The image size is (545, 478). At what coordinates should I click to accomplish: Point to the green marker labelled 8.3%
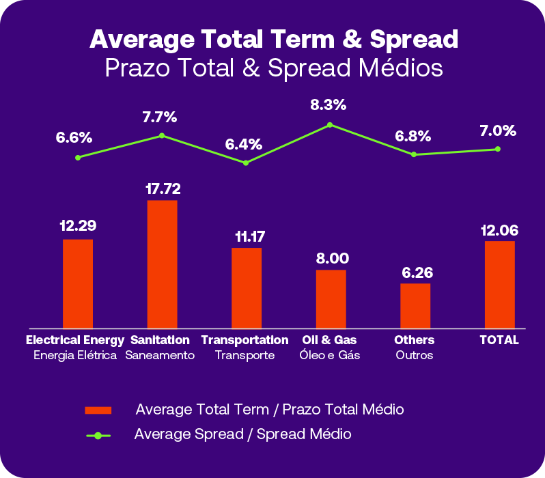(330, 125)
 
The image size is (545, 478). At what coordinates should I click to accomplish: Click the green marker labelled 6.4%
(246, 163)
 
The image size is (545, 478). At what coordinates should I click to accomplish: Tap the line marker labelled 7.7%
(162, 135)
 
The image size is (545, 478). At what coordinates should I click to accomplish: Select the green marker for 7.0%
(498, 149)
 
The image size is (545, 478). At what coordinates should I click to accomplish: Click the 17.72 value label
(163, 188)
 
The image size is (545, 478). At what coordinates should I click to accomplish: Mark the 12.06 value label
(499, 231)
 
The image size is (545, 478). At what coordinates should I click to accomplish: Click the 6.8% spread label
(413, 136)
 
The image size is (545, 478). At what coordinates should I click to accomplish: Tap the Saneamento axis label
(160, 356)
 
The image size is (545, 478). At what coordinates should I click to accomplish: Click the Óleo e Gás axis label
(331, 356)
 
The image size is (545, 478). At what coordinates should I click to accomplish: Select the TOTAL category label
(499, 340)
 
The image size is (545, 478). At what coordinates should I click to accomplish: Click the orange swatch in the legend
(98, 410)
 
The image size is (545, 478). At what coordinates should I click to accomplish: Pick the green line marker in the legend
(98, 435)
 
